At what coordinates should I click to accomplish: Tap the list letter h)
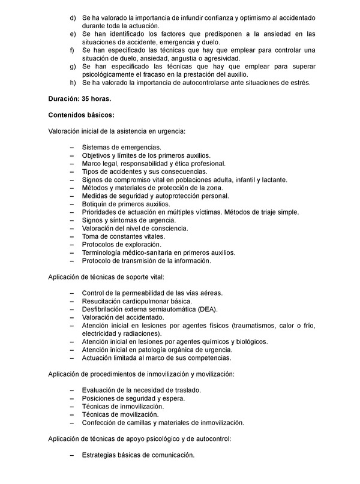pyautogui.click(x=73, y=82)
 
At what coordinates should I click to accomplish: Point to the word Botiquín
pyautogui.click(x=95, y=204)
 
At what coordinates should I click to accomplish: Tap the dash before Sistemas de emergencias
pyautogui.click(x=73, y=147)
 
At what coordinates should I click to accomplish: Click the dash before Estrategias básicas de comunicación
pyautogui.click(x=73, y=455)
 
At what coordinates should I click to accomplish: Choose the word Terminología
pyautogui.click(x=104, y=253)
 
